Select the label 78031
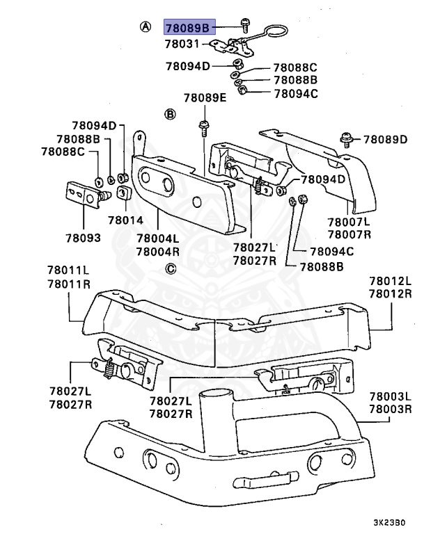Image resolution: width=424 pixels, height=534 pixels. pyautogui.click(x=182, y=44)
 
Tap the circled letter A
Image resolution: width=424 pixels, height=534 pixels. pyautogui.click(x=145, y=26)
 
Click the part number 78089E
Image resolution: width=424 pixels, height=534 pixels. pyautogui.click(x=205, y=98)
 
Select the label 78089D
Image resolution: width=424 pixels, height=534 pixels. pyautogui.click(x=384, y=140)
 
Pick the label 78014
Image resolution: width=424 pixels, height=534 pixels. pyautogui.click(x=125, y=220)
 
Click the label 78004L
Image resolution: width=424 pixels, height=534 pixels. pyautogui.click(x=157, y=238)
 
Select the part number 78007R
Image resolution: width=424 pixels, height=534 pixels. pyautogui.click(x=350, y=235)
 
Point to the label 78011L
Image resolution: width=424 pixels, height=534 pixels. pyautogui.click(x=69, y=270)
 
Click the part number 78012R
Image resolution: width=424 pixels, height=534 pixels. pyautogui.click(x=391, y=294)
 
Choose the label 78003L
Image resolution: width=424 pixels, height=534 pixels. pyautogui.click(x=391, y=396)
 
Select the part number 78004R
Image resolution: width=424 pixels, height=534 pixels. pyautogui.click(x=157, y=251)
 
